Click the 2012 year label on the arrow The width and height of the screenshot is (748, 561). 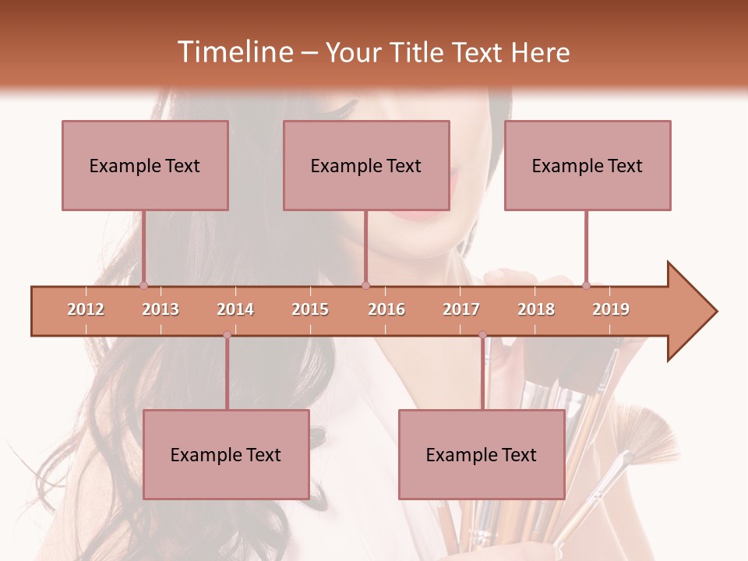click(86, 309)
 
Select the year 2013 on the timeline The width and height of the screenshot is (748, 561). click(161, 309)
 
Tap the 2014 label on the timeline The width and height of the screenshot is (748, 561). click(235, 309)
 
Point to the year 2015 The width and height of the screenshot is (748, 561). click(310, 309)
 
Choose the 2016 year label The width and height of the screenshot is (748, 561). click(386, 309)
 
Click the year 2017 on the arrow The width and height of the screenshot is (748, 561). click(461, 309)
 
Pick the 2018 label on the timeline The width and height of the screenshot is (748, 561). click(536, 309)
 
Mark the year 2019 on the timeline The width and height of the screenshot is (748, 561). click(611, 309)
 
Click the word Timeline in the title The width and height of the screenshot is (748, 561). click(235, 52)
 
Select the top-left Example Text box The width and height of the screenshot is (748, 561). click(145, 165)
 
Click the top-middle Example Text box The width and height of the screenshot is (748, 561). click(366, 165)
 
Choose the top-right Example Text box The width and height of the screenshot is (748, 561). click(587, 165)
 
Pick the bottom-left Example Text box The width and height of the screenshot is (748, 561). click(226, 454)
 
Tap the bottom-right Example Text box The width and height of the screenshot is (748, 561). click(482, 454)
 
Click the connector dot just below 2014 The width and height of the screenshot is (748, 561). click(227, 335)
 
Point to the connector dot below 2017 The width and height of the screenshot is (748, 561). click(482, 335)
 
